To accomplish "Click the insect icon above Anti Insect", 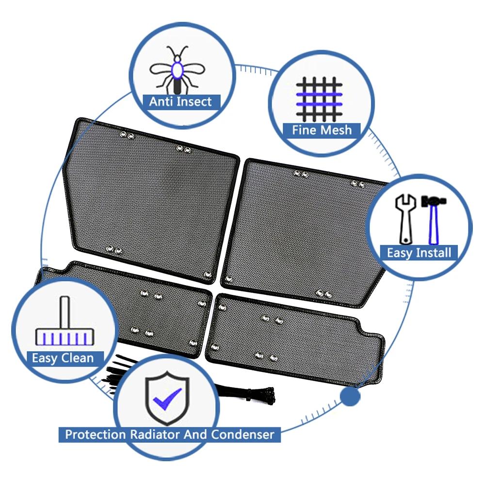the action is click(x=177, y=70).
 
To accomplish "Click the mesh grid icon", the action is click(x=319, y=99).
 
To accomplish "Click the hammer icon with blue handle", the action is click(x=434, y=220).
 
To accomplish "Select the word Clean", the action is click(x=77, y=358).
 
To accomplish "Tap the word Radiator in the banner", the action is click(x=155, y=434).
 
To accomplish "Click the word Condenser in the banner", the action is click(x=243, y=434).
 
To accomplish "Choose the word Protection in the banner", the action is click(x=96, y=434).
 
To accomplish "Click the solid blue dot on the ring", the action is click(x=350, y=396).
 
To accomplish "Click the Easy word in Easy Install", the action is click(x=399, y=253).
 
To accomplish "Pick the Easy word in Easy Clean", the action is click(x=45, y=358).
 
